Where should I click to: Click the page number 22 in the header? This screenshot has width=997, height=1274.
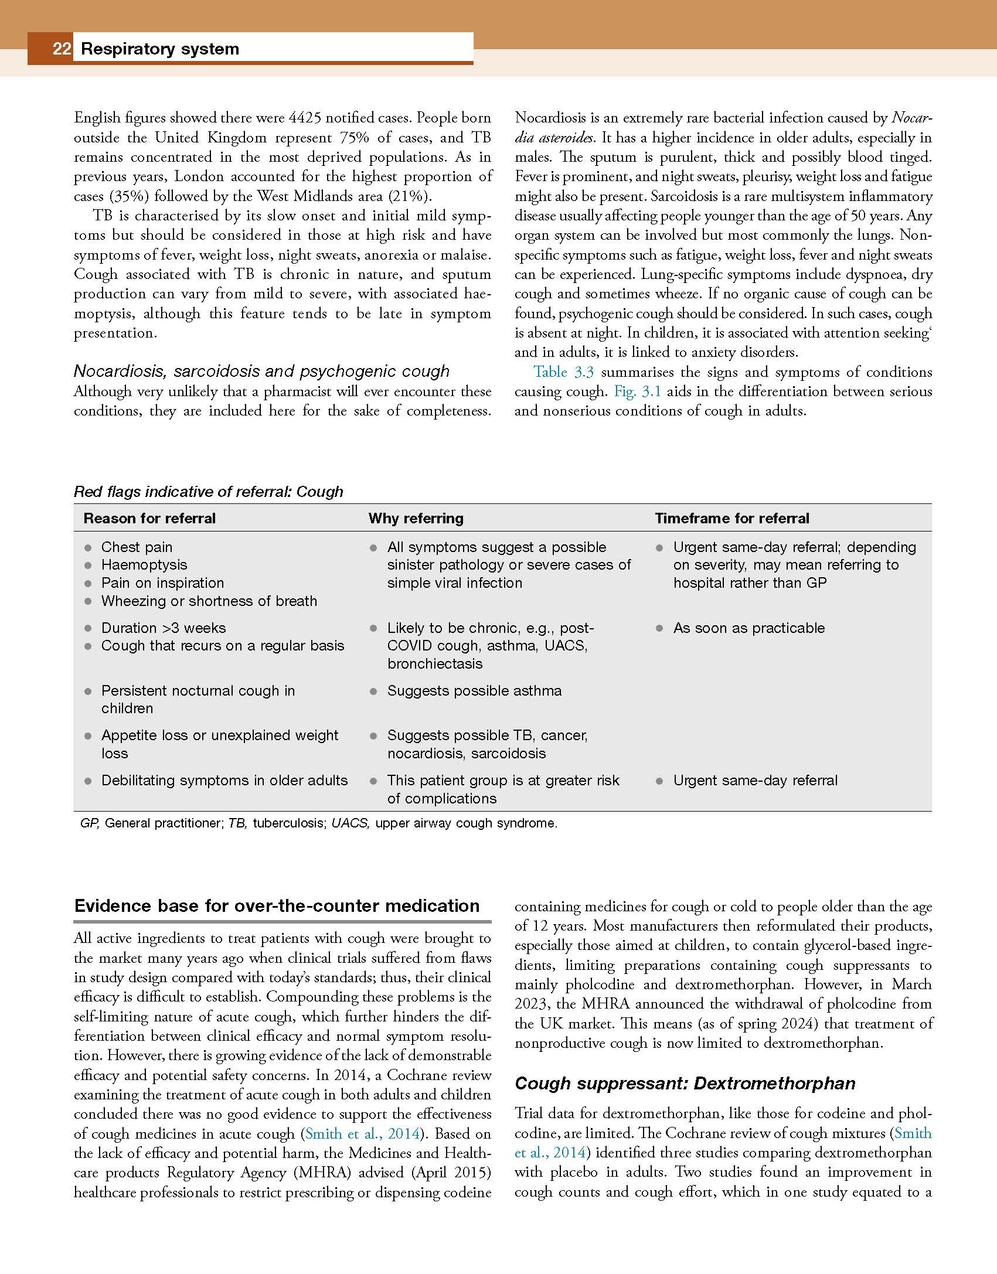(x=62, y=49)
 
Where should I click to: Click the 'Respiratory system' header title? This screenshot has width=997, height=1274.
(x=160, y=49)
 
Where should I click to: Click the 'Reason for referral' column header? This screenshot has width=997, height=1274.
(x=149, y=519)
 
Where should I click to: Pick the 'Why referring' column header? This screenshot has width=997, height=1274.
(x=416, y=519)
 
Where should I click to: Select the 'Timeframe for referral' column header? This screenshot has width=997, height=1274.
(x=731, y=519)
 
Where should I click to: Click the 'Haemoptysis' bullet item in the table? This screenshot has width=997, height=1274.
(x=144, y=565)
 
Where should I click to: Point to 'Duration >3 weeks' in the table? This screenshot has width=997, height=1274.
(x=163, y=628)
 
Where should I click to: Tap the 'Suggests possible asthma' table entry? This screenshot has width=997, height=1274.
(x=474, y=691)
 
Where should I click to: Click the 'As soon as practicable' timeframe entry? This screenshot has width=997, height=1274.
(x=748, y=628)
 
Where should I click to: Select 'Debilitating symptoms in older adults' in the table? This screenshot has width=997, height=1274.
(x=224, y=781)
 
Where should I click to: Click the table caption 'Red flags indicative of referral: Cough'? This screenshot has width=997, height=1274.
(x=208, y=492)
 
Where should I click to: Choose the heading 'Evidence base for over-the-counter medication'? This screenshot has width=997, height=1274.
(x=277, y=906)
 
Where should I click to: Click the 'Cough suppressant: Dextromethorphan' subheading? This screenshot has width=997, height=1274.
(x=685, y=1084)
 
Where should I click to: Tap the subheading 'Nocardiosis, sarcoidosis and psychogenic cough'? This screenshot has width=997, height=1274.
(x=261, y=372)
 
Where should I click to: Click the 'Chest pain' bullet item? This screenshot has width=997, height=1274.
(x=137, y=547)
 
